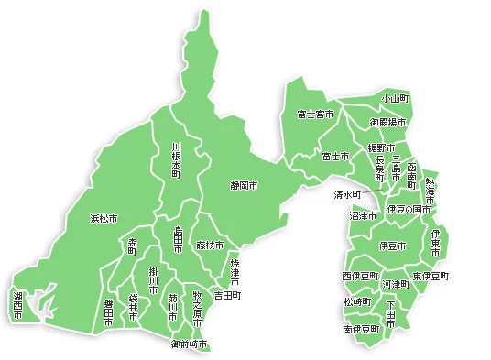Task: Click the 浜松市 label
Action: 104,219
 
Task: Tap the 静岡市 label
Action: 244,185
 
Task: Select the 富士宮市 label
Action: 315,115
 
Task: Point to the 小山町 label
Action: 396,98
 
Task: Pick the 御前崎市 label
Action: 190,344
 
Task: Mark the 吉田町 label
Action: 227,296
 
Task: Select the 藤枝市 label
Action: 210,245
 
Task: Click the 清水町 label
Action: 347,195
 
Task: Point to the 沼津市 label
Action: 363,216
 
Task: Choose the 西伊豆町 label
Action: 359,276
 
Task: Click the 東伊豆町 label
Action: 431,276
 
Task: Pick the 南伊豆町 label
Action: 361,329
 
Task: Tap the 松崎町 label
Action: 357,302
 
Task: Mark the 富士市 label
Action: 335,157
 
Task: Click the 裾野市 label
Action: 381,147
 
